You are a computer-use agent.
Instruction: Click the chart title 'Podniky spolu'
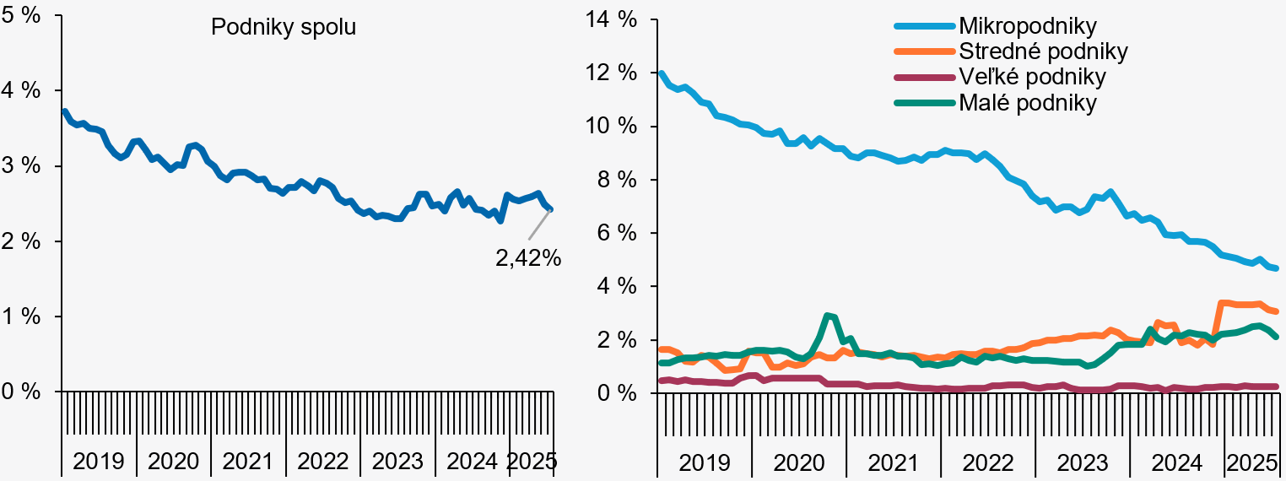point(284,27)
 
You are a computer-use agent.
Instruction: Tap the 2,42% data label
point(528,258)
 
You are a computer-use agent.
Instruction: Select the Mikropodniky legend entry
point(1027,26)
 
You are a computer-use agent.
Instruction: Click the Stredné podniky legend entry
point(1043,51)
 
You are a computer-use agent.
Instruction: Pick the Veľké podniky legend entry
point(1032,77)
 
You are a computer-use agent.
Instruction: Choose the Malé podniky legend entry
point(1027,103)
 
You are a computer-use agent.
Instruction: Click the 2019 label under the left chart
point(98,462)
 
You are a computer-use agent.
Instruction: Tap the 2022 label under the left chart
point(322,462)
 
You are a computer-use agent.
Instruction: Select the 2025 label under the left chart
point(532,462)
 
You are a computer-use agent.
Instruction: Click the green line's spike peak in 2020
point(827,316)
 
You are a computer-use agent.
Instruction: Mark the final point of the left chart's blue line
point(550,208)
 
